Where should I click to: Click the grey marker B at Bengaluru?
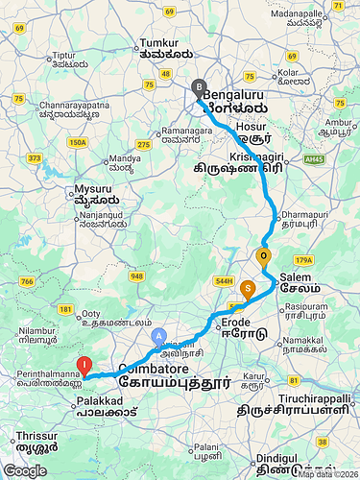click(x=200, y=88)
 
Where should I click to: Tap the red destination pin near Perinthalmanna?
click(x=84, y=365)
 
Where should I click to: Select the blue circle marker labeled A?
click(x=159, y=337)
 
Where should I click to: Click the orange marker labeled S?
click(x=248, y=287)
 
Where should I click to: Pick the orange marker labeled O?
click(x=263, y=256)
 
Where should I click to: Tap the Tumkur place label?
click(x=159, y=43)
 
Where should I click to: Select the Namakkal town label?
click(x=313, y=342)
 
